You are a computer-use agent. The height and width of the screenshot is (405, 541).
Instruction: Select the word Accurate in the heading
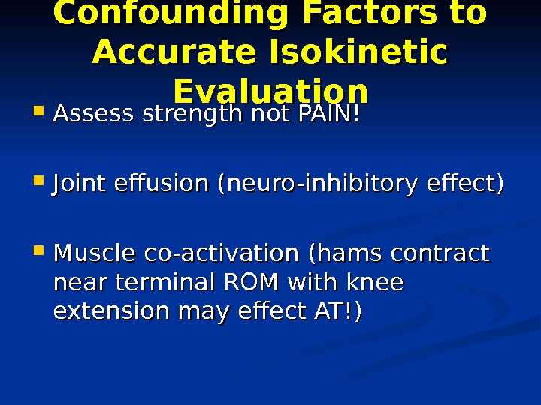tap(178, 52)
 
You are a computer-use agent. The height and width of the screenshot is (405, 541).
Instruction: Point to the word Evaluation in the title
tap(270, 91)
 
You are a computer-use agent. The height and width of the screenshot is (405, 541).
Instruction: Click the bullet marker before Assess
tap(40, 115)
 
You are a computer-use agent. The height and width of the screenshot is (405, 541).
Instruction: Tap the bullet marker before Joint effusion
tap(40, 184)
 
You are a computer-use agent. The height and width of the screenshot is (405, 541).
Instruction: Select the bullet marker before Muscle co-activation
tap(40, 252)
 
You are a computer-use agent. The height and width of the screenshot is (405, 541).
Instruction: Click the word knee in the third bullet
tap(375, 283)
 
